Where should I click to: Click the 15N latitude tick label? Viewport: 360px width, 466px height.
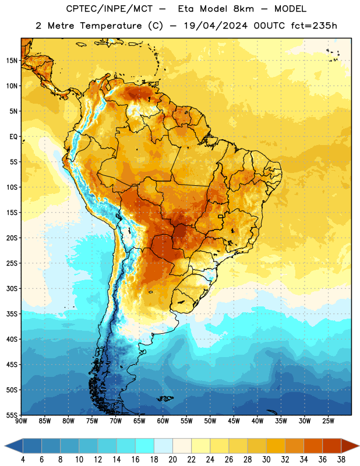pyautogui.click(x=12, y=61)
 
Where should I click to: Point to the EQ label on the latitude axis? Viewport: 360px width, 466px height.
pyautogui.click(x=13, y=137)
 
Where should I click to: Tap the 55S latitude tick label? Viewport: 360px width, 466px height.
pyautogui.click(x=12, y=415)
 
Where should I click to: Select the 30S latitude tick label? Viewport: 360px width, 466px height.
pyautogui.click(x=12, y=288)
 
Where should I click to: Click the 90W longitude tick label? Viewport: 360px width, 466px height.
pyautogui.click(x=22, y=421)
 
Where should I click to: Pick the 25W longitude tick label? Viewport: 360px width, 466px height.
pyautogui.click(x=328, y=421)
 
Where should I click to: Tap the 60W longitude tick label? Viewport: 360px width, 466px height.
pyautogui.click(x=163, y=421)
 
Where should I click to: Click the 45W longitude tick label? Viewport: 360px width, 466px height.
pyautogui.click(x=234, y=421)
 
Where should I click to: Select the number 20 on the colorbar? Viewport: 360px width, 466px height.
pyautogui.click(x=172, y=460)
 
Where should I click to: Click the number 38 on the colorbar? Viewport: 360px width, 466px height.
pyautogui.click(x=341, y=460)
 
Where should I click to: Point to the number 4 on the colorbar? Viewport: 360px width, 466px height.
pyautogui.click(x=23, y=460)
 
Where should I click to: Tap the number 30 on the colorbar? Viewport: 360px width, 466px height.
pyautogui.click(x=266, y=460)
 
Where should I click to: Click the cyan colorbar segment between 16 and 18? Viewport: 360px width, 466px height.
pyautogui.click(x=145, y=446)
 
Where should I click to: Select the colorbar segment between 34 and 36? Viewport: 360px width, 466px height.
pyautogui.click(x=313, y=446)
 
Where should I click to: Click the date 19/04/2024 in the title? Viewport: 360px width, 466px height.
pyautogui.click(x=216, y=26)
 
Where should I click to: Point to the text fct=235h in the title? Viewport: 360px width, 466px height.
pyautogui.click(x=314, y=26)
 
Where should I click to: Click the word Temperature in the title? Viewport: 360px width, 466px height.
pyautogui.click(x=111, y=26)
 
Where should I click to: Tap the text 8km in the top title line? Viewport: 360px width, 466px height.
pyautogui.click(x=243, y=9)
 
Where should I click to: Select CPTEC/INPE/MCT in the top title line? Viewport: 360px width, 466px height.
pyautogui.click(x=109, y=9)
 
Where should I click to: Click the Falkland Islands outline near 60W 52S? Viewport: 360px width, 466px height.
pyautogui.click(x=165, y=398)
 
